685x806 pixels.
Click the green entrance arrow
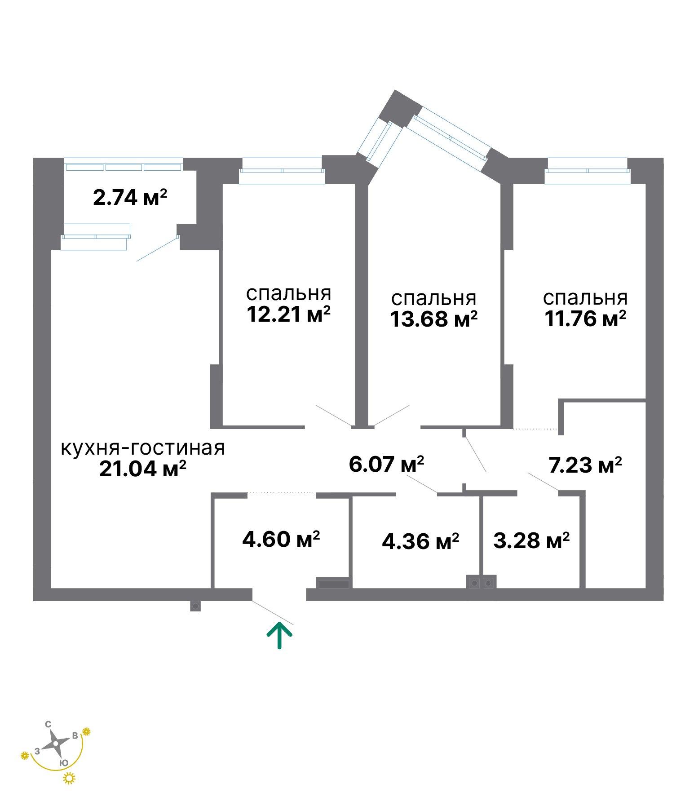pyautogui.click(x=279, y=635)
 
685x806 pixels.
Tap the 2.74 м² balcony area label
pyautogui.click(x=130, y=197)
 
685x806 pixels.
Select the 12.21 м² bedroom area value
pyautogui.click(x=288, y=314)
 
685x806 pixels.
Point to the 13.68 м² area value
pyautogui.click(x=433, y=319)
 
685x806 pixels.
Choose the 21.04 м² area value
pyautogui.click(x=142, y=469)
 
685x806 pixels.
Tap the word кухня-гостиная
pyautogui.click(x=142, y=448)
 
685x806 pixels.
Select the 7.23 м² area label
pyautogui.click(x=585, y=465)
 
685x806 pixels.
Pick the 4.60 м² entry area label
pyautogui.click(x=281, y=539)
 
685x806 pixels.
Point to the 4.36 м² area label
pyautogui.click(x=420, y=541)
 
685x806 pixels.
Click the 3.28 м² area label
pyautogui.click(x=531, y=540)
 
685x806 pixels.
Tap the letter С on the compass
pyautogui.click(x=48, y=724)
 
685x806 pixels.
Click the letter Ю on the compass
pyautogui.click(x=64, y=762)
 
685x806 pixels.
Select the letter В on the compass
pyautogui.click(x=75, y=735)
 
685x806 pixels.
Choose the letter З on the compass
pyautogui.click(x=38, y=751)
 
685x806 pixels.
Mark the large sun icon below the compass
pyautogui.click(x=69, y=778)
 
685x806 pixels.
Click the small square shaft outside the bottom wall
pyautogui.click(x=195, y=606)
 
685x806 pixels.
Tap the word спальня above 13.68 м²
pyautogui.click(x=433, y=298)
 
